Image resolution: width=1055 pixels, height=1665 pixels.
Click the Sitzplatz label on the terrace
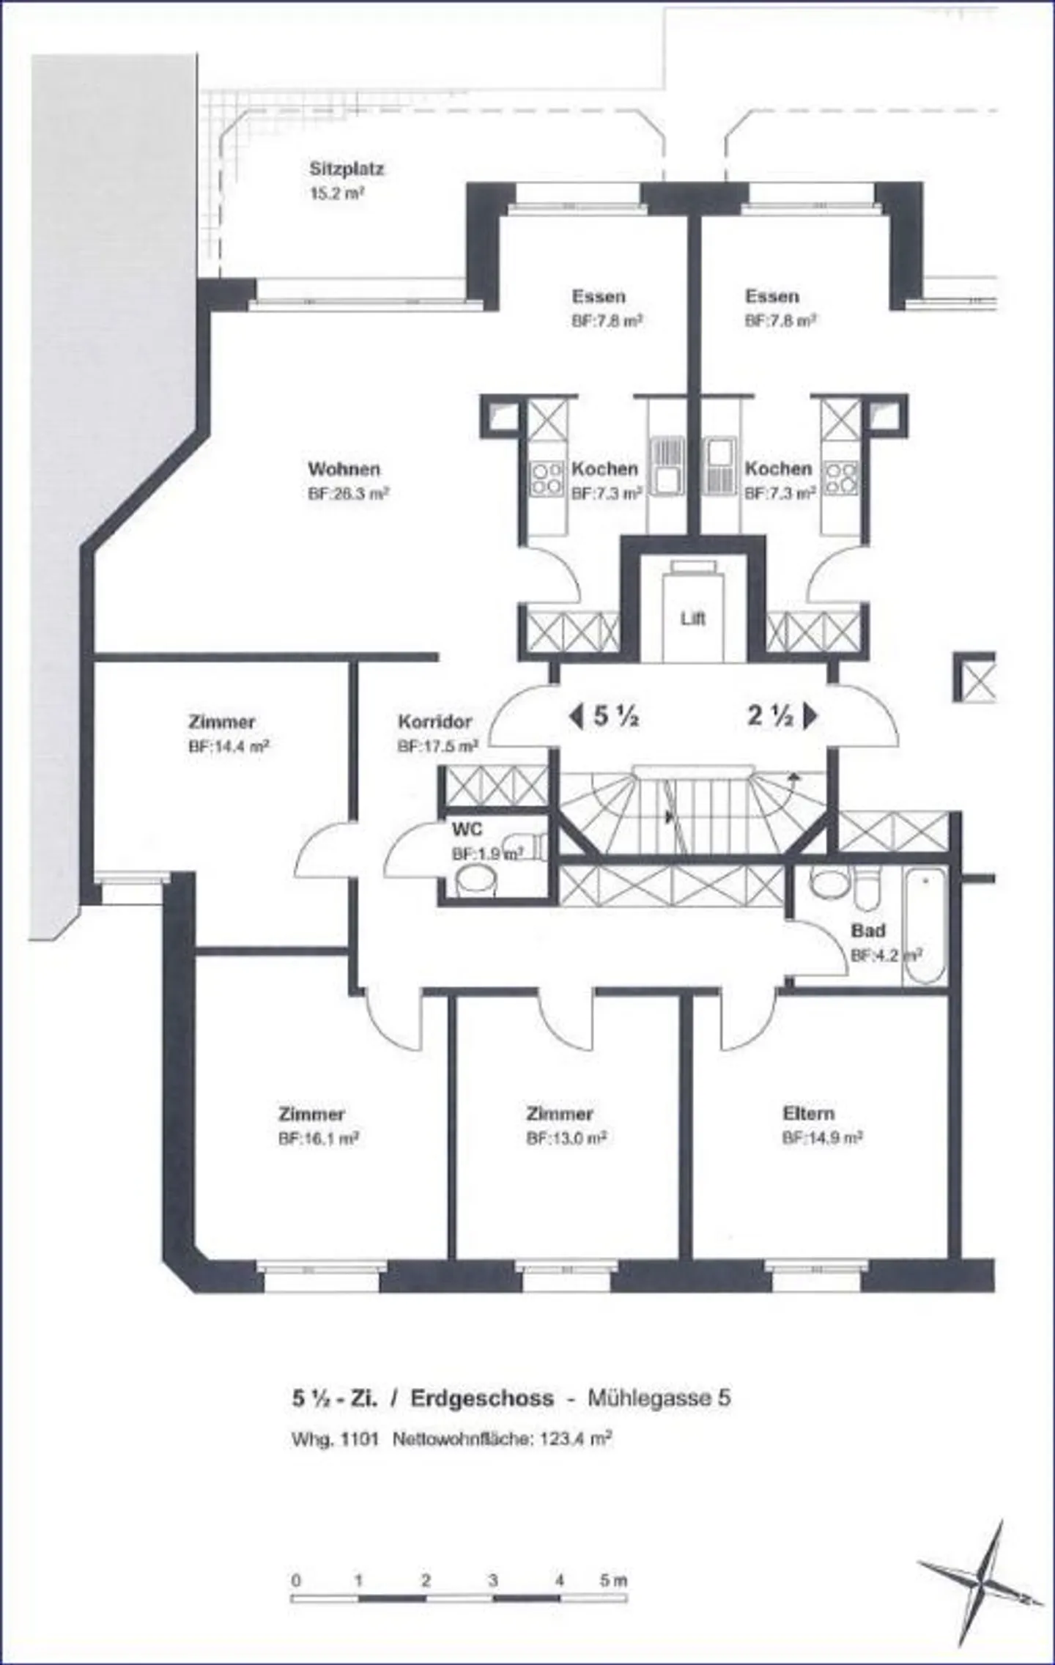[x=346, y=169]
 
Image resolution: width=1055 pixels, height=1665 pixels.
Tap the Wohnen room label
[x=344, y=468]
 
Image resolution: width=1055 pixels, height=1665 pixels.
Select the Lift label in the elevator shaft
[x=692, y=619]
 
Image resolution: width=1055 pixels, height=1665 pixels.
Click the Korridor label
[x=434, y=721]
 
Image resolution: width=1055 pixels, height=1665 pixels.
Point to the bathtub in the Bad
[x=925, y=926]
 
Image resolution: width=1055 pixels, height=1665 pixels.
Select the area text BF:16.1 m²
[x=318, y=1140]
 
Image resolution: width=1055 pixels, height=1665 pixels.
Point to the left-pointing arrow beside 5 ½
[x=576, y=716]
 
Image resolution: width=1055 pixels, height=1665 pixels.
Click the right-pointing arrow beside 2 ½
[x=810, y=716]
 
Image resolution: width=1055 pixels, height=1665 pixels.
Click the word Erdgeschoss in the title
[x=481, y=1398]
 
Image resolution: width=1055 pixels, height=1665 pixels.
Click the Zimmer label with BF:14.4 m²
[x=221, y=722]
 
